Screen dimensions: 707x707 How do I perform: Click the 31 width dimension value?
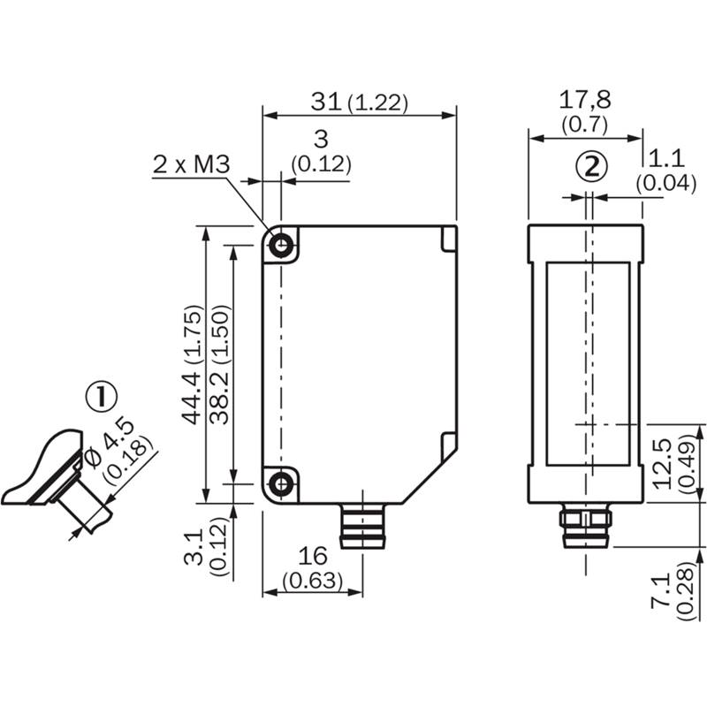pos(326,102)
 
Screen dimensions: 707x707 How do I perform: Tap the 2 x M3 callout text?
pos(191,164)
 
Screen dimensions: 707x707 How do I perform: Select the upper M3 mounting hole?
pos(282,245)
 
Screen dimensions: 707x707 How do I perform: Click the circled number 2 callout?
pos(593,166)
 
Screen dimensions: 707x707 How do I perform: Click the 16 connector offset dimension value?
pos(312,556)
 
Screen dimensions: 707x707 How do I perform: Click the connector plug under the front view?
pos(362,525)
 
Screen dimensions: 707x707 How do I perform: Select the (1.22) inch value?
pos(377,103)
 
